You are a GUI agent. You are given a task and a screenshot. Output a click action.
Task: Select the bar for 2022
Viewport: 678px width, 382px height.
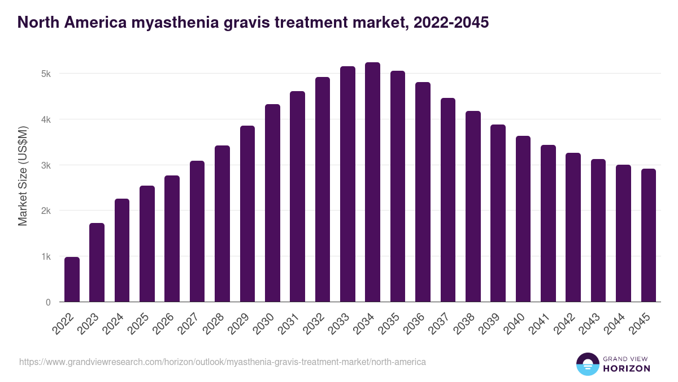72,280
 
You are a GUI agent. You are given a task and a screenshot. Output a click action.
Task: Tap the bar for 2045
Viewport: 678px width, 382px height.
648,235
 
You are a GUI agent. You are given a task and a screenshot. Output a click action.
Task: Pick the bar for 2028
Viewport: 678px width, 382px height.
222,224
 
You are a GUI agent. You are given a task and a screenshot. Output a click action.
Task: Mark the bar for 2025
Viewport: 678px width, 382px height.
147,244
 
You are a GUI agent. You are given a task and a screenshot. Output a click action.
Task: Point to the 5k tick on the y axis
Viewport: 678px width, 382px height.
46,74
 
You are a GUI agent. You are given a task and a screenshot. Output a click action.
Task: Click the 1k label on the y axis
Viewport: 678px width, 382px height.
46,256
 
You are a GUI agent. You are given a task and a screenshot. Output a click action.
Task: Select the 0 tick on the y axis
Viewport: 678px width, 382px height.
48,302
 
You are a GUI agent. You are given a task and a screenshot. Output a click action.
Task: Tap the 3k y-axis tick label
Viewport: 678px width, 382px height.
46,165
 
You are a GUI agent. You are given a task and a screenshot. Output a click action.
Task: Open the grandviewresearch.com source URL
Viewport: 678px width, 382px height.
223,362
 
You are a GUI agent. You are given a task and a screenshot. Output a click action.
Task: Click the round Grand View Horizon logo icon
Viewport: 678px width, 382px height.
587,364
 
